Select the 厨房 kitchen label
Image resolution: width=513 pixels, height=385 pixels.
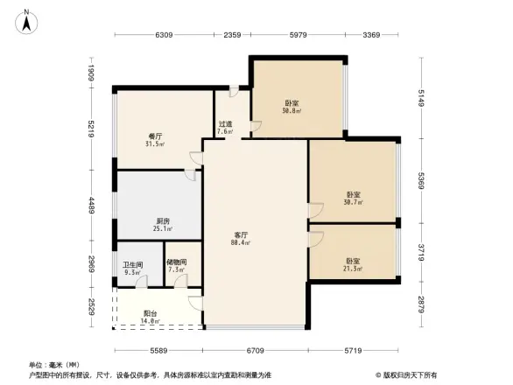click(163, 220)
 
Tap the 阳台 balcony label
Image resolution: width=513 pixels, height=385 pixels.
click(150, 313)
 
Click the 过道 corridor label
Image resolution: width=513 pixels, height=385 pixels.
click(225, 124)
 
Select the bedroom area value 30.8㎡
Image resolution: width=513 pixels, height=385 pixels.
click(292, 111)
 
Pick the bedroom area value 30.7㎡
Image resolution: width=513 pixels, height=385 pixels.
click(354, 202)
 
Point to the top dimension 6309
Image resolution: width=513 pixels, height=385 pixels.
click(165, 35)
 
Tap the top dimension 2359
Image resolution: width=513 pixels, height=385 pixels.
click(232, 35)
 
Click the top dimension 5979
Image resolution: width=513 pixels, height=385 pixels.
click(298, 35)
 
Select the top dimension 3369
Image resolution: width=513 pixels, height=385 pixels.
click(371, 35)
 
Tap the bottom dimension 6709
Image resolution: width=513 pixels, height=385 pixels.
click(255, 350)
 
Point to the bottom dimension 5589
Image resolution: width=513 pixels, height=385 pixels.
click(158, 350)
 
